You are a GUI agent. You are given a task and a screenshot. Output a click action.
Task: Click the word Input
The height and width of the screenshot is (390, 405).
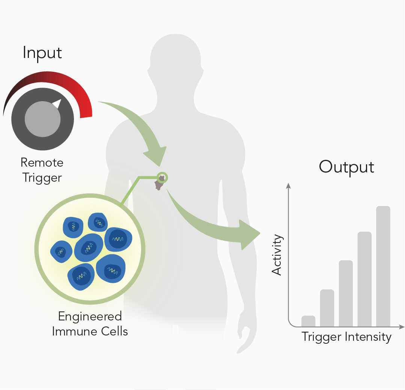click(42, 53)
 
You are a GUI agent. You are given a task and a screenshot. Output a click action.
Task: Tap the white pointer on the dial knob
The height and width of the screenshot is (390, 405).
click(57, 103)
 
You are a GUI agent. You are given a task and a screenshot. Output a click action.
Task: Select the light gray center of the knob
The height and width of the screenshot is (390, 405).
click(43, 119)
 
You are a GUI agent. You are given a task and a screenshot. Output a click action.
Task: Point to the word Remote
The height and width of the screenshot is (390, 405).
click(42, 163)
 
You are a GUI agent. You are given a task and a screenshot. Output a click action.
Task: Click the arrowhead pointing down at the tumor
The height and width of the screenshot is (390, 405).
click(156, 156)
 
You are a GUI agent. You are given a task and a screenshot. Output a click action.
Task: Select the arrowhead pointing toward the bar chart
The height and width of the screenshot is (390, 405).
click(249, 234)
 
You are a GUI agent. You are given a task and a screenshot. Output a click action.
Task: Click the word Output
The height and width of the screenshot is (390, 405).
click(346, 167)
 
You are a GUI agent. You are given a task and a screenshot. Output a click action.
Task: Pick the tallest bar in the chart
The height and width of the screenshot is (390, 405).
click(383, 266)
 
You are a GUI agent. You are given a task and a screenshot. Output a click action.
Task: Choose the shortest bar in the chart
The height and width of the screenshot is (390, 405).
click(309, 321)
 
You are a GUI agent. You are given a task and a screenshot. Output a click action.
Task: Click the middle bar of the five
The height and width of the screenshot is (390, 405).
click(346, 293)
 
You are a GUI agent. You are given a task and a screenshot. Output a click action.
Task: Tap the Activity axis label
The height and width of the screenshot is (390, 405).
click(277, 255)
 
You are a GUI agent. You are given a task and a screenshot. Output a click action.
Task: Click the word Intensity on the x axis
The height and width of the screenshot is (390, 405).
click(368, 337)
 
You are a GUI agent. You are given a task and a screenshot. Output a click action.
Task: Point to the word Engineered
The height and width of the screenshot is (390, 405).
click(90, 317)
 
